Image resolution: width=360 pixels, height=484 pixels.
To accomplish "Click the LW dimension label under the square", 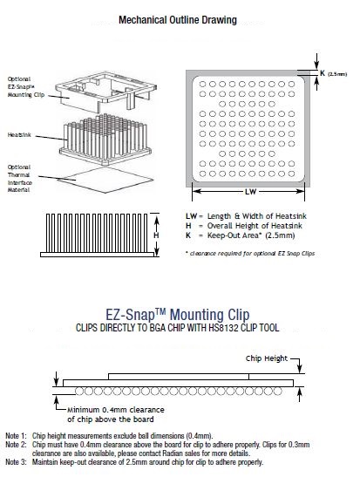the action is coord(249,191).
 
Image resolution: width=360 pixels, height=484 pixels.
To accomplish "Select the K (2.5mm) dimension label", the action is coord(333,73).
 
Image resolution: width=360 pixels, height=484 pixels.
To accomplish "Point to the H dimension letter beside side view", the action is coord(156,235).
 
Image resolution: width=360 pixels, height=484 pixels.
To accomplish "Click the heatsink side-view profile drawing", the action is coord(92,235).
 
